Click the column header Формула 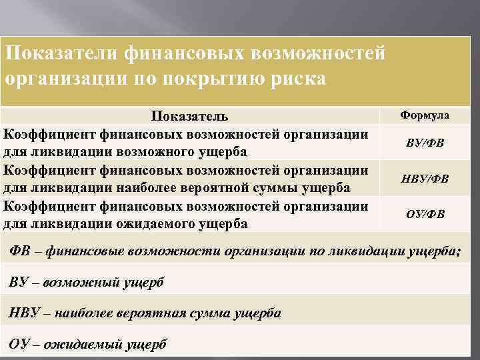(424, 115)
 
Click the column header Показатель (189, 117)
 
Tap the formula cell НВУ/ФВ (425, 178)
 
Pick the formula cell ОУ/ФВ (425, 214)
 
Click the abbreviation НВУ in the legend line (25, 313)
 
